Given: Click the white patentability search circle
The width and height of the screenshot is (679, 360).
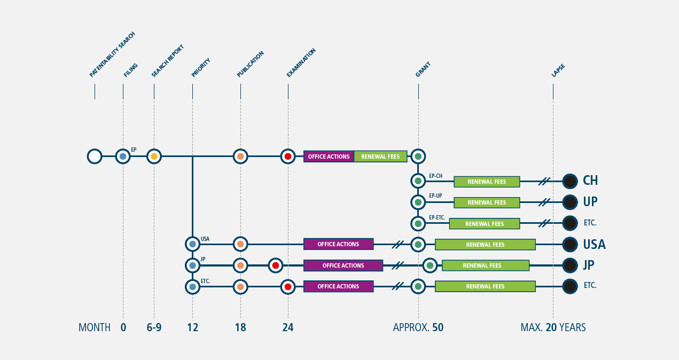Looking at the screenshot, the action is (x=95, y=156).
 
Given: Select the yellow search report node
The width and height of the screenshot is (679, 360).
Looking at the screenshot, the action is (x=154, y=156).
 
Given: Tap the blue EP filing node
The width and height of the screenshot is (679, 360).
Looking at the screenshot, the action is (x=123, y=156).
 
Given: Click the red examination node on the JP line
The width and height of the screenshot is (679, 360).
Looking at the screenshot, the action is (x=276, y=265).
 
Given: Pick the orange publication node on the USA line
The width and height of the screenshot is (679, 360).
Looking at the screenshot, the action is (x=240, y=244).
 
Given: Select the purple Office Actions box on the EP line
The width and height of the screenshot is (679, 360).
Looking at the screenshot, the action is (x=329, y=156).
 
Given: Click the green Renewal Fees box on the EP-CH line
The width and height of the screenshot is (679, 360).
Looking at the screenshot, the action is (x=487, y=182).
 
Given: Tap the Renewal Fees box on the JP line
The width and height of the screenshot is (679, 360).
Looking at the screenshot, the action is (x=486, y=265).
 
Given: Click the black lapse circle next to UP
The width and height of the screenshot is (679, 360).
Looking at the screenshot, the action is (x=570, y=202).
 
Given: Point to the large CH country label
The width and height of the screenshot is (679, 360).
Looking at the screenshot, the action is (x=590, y=181).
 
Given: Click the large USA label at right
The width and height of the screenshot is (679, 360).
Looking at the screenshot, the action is (x=594, y=244).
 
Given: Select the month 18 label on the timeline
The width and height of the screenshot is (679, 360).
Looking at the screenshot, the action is (x=240, y=327).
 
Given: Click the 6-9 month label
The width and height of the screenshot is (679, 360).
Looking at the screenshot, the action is (x=154, y=327).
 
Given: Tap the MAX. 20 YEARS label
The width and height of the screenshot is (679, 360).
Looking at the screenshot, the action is (x=553, y=327).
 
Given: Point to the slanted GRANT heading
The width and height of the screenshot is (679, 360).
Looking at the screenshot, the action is (x=423, y=69).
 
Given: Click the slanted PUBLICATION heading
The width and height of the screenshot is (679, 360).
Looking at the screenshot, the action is (x=250, y=64).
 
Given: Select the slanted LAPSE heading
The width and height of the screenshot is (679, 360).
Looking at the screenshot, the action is (x=558, y=71).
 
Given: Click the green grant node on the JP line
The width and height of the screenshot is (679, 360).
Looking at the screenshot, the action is (x=430, y=265).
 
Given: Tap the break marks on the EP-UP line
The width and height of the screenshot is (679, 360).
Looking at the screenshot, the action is (x=544, y=202).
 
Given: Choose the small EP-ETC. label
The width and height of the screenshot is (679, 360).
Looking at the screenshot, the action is (x=437, y=217).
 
